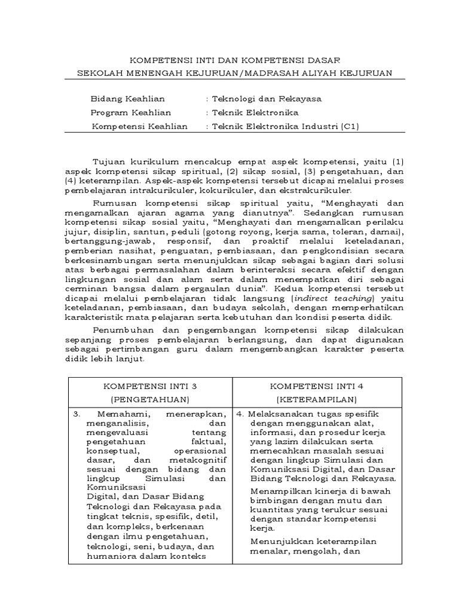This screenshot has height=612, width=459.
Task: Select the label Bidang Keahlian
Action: [127, 99]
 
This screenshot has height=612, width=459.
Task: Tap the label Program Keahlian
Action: [130, 112]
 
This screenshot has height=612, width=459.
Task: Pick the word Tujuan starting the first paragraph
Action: [111, 161]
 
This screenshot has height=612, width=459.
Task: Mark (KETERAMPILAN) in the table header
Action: [317, 399]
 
